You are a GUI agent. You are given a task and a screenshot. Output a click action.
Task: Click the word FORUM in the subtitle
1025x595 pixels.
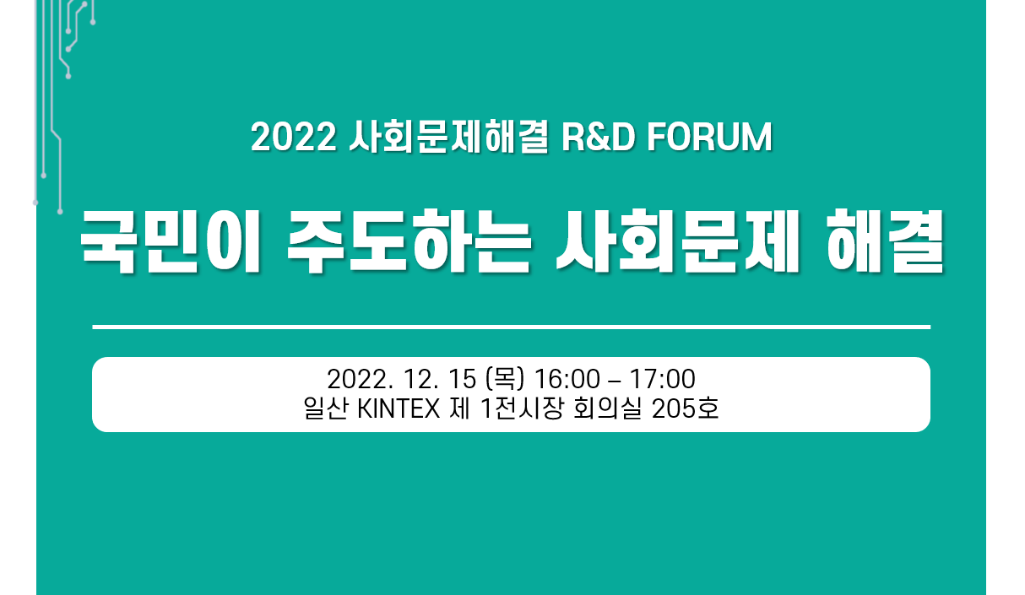click(x=709, y=138)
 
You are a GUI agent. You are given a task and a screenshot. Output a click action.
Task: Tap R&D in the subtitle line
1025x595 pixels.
click(x=599, y=138)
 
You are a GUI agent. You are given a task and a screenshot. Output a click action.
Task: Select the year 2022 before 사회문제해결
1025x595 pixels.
click(x=294, y=138)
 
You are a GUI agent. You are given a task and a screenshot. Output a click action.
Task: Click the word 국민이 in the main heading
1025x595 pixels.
click(x=171, y=241)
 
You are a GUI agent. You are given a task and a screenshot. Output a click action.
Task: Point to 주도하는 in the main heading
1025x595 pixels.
click(x=409, y=241)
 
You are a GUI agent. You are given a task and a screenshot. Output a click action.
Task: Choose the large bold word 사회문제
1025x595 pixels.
click(x=677, y=241)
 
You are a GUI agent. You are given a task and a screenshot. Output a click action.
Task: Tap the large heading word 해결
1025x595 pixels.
click(x=885, y=241)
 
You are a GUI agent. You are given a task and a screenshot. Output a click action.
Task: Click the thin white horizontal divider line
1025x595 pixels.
click(x=511, y=327)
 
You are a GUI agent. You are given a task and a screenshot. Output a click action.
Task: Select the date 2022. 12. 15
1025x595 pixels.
click(x=402, y=379)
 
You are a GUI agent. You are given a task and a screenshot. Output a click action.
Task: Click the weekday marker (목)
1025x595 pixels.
click(x=505, y=379)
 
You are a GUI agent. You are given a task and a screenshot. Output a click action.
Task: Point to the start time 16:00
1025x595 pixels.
click(x=567, y=379)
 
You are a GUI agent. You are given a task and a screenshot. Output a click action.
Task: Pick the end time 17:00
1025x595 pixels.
click(x=663, y=379)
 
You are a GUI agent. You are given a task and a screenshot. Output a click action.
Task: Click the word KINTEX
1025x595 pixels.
click(x=399, y=408)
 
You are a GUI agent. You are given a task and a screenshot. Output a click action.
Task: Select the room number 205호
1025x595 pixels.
click(x=685, y=408)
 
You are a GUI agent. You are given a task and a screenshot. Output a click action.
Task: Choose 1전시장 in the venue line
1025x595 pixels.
click(x=522, y=408)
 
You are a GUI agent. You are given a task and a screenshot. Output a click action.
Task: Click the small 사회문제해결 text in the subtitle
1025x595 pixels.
click(x=448, y=138)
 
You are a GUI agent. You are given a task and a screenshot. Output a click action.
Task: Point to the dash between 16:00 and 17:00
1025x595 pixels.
click(x=616, y=381)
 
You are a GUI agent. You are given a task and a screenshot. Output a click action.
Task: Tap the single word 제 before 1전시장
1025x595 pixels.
click(x=460, y=408)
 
